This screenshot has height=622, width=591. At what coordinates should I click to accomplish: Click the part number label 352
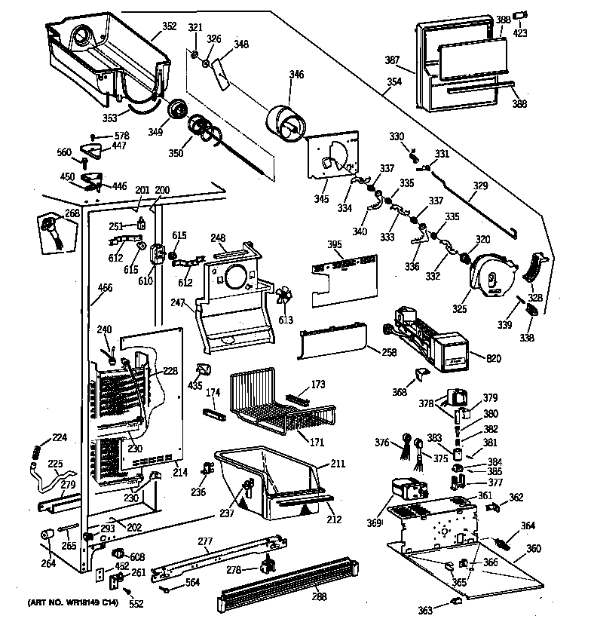tap(169, 26)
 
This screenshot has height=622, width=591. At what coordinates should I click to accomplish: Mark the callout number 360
tap(533, 548)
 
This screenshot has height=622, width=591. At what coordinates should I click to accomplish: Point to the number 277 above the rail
tap(205, 541)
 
